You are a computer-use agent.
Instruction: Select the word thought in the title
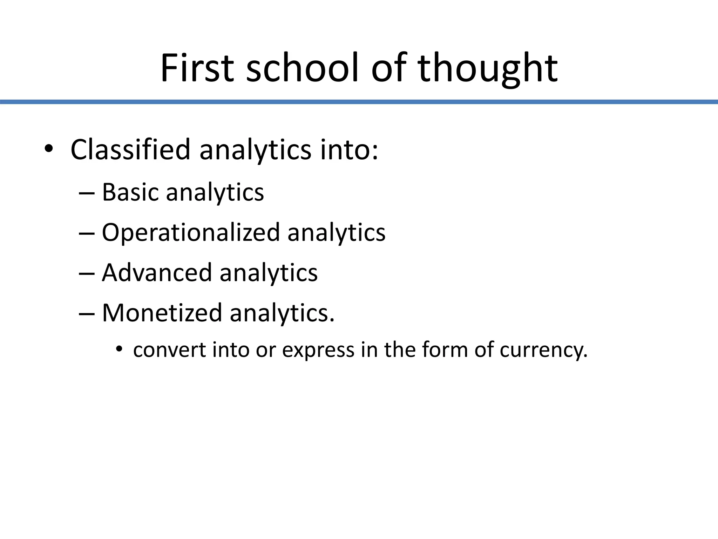[x=487, y=68]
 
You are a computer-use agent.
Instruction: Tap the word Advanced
[x=157, y=273]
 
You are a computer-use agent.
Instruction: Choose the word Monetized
[x=162, y=313]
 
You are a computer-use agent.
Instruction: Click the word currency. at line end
[x=543, y=350]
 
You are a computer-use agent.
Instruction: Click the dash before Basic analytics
[x=87, y=193]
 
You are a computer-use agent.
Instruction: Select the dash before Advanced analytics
[x=87, y=273]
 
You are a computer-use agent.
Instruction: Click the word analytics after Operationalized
[x=336, y=233]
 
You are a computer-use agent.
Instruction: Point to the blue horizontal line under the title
[x=359, y=102]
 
